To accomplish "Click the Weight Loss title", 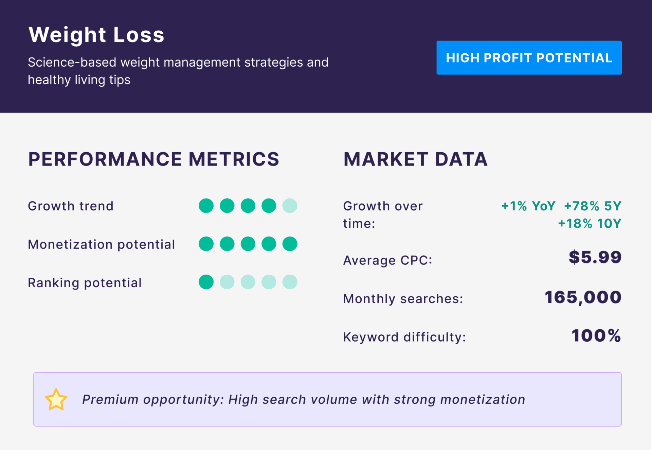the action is click(x=96, y=35).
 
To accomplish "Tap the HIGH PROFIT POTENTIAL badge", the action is click(x=529, y=58).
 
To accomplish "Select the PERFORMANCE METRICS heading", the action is click(x=153, y=159).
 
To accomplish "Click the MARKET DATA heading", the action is click(x=415, y=159).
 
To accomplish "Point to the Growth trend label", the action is click(x=71, y=206).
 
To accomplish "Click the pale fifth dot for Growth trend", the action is click(x=290, y=206).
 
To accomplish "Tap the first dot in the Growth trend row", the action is click(x=206, y=206).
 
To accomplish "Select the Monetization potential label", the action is click(x=101, y=245).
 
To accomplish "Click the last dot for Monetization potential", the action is click(x=290, y=244).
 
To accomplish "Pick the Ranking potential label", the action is click(x=85, y=283).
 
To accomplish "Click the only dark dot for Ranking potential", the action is click(x=206, y=282).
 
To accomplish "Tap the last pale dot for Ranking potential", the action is click(x=290, y=282).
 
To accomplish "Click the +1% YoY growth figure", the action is click(x=528, y=206).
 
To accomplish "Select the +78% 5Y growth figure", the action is click(x=593, y=206).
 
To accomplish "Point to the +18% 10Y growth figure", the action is click(x=590, y=224).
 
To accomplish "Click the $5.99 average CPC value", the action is click(x=595, y=257).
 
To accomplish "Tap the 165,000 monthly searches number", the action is click(x=583, y=298).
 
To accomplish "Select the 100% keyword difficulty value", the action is click(x=596, y=336).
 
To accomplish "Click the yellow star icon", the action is click(x=56, y=400).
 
